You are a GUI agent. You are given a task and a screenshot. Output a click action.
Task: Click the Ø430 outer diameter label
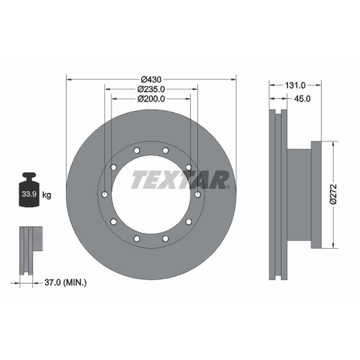(x=151, y=80)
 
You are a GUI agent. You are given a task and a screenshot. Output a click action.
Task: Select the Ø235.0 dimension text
(x=151, y=89)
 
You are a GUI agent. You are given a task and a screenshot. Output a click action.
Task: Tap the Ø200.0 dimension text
(x=151, y=99)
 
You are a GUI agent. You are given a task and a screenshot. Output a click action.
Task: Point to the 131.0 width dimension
(x=295, y=85)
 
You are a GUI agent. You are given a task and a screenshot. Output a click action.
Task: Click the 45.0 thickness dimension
(x=302, y=99)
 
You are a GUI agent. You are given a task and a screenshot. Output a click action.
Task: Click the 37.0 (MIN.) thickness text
(x=65, y=283)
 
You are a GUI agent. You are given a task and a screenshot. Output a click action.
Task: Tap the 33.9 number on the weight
(x=29, y=194)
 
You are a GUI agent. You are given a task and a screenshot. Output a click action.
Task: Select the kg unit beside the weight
(x=47, y=195)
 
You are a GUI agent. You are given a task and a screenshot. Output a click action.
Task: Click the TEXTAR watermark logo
(x=180, y=180)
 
